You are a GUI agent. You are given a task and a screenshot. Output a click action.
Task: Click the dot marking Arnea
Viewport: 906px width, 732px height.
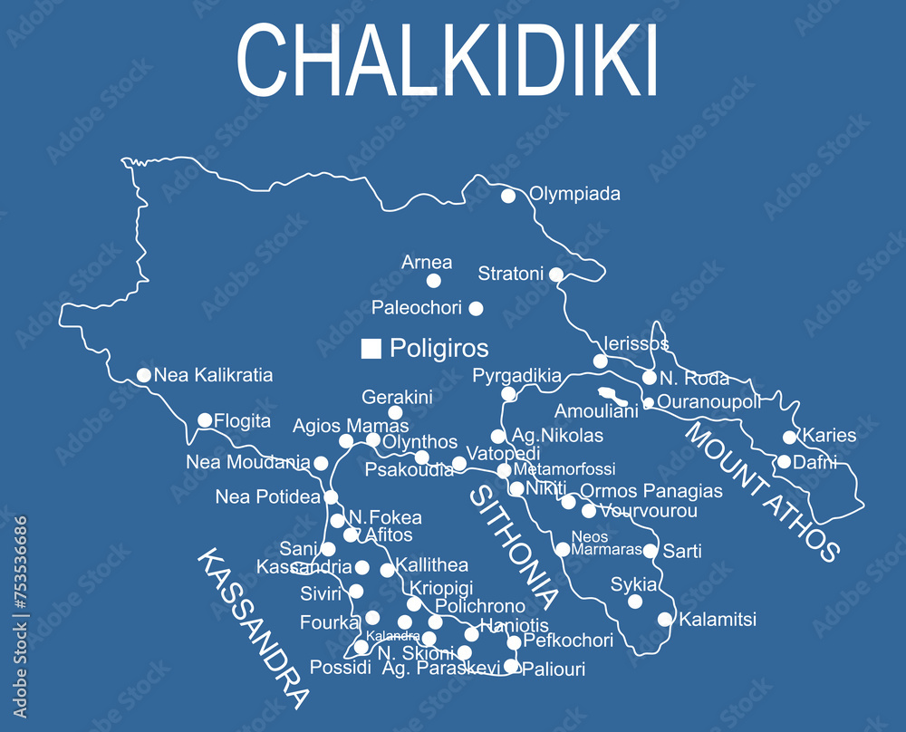pyautogui.click(x=434, y=281)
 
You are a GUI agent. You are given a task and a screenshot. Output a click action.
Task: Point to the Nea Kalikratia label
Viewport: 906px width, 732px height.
pyautogui.click(x=213, y=375)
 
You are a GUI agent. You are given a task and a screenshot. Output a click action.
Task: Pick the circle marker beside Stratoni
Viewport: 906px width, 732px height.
pyautogui.click(x=556, y=274)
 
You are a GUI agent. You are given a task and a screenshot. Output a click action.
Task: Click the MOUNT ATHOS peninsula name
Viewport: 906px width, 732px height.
pyautogui.click(x=762, y=490)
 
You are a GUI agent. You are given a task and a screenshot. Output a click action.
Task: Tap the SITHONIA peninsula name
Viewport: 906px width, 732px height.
pyautogui.click(x=513, y=547)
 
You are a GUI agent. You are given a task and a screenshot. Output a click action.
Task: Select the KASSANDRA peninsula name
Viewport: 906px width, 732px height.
pyautogui.click(x=252, y=628)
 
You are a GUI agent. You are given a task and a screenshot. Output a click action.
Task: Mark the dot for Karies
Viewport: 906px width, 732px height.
pyautogui.click(x=790, y=437)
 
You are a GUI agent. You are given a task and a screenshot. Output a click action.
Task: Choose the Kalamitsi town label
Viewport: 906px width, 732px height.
pyautogui.click(x=718, y=621)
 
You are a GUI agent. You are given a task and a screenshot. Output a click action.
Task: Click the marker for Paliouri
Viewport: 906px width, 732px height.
pyautogui.click(x=511, y=667)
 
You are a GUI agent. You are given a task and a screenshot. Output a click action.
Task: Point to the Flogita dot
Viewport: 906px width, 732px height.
pyautogui.click(x=205, y=420)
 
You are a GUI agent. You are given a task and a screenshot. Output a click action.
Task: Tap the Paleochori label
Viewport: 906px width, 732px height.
pyautogui.click(x=417, y=308)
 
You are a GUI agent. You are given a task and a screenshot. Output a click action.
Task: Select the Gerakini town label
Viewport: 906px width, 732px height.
pyautogui.click(x=397, y=397)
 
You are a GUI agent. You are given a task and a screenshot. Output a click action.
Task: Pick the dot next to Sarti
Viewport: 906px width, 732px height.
pyautogui.click(x=650, y=551)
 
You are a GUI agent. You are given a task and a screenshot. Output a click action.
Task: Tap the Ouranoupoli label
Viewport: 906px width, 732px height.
pyautogui.click(x=708, y=402)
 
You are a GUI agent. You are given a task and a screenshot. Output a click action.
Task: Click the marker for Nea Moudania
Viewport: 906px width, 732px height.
pyautogui.click(x=321, y=463)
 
